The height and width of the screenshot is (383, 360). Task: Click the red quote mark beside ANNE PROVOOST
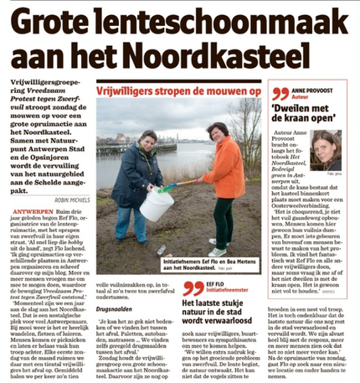(279, 95)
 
